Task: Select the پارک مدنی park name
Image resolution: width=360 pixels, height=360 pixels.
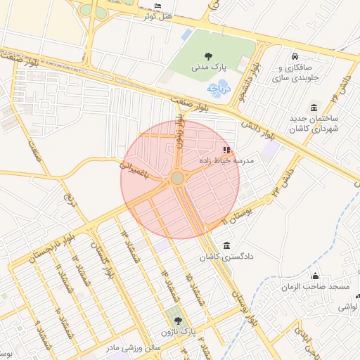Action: [208, 67]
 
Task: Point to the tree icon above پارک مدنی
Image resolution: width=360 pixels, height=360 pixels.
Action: [208, 56]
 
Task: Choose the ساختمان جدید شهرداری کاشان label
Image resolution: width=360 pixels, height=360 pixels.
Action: [314, 124]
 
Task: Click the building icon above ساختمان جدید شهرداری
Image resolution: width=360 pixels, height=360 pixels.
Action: [314, 108]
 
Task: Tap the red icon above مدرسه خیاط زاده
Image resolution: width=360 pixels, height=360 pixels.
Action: [226, 150]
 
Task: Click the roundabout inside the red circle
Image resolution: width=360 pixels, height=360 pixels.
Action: [177, 179]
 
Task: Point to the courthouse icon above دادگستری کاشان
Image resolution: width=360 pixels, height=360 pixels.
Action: [226, 246]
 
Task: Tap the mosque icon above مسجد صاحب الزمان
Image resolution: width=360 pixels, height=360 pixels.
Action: [316, 276]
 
